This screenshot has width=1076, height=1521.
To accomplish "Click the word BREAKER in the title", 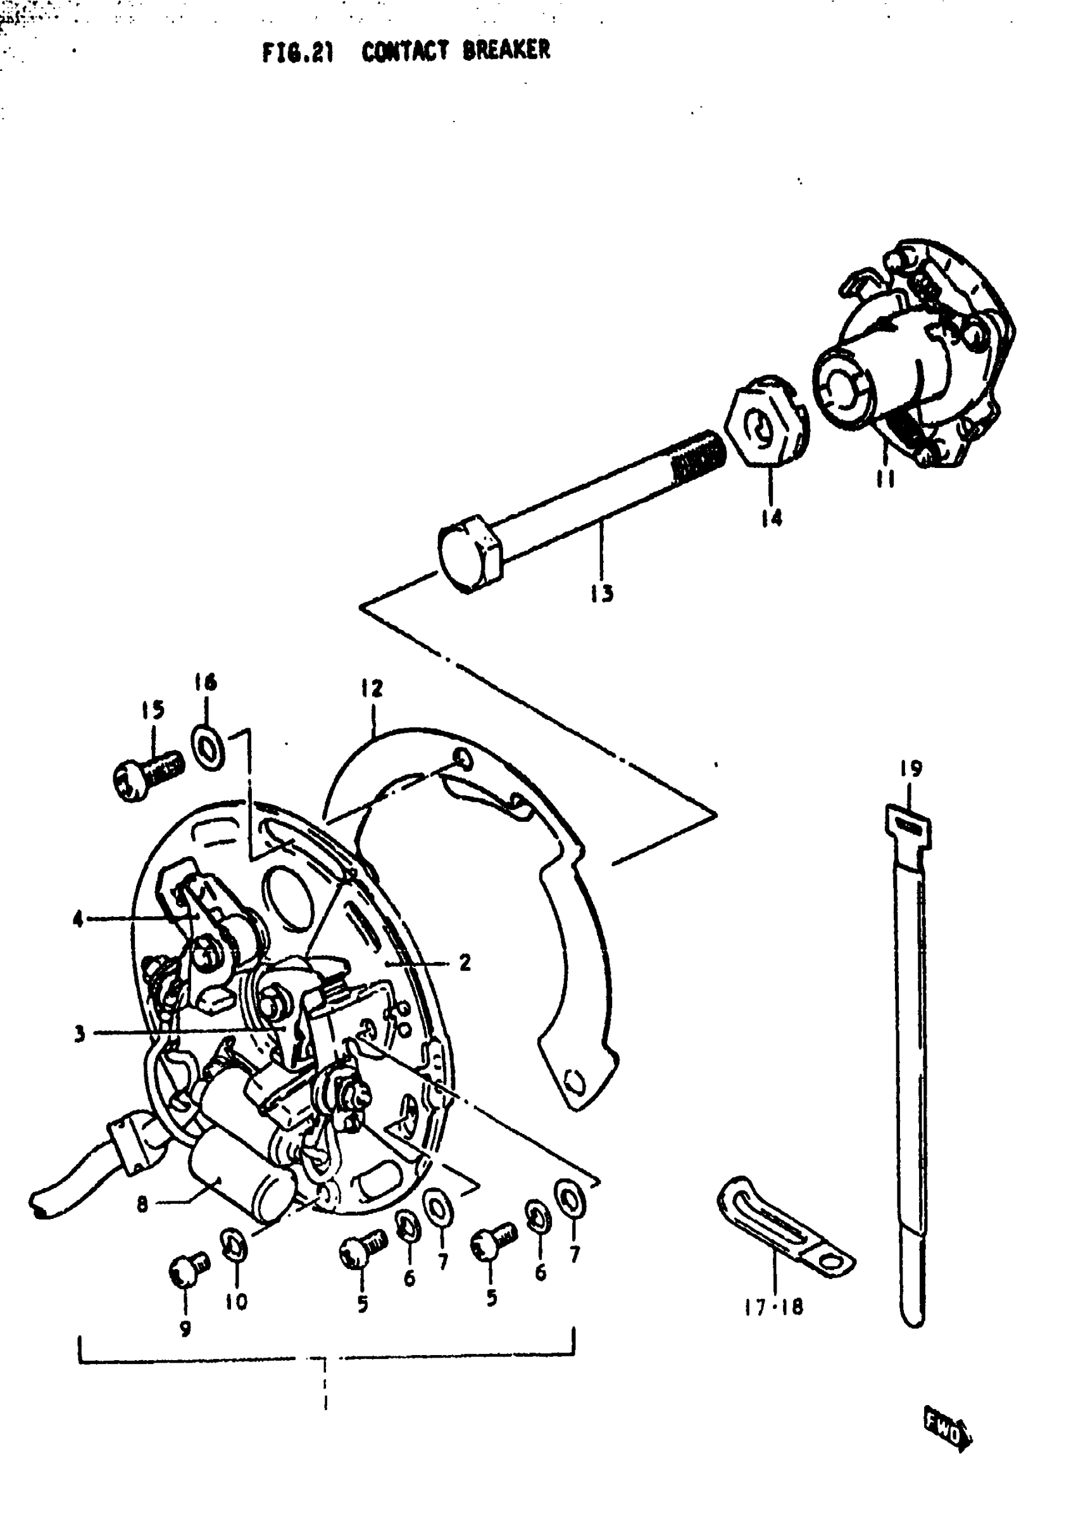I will pyautogui.click(x=506, y=51).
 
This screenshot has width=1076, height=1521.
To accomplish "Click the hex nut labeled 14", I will pyautogui.click(x=766, y=425).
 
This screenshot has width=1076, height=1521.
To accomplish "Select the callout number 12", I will pyautogui.click(x=372, y=688).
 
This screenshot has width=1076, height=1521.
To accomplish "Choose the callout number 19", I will pyautogui.click(x=911, y=769).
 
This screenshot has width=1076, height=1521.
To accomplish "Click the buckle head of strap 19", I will pyautogui.click(x=908, y=825).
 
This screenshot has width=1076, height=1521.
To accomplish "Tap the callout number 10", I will pyautogui.click(x=236, y=1302).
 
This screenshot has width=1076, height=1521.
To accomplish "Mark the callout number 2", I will pyautogui.click(x=465, y=962).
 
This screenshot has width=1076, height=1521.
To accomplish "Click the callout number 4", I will pyautogui.click(x=78, y=919).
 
